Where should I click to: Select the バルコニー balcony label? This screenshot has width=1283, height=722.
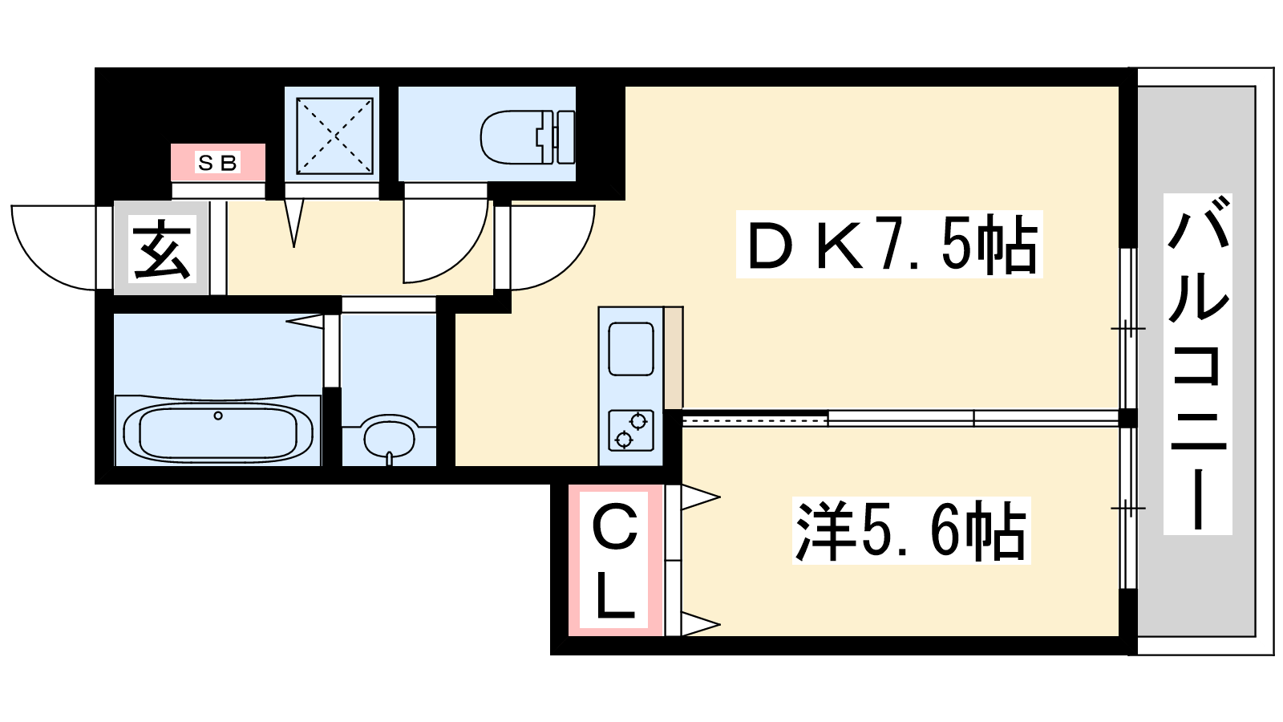click(1198, 364)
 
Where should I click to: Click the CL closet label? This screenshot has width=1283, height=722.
click(615, 562)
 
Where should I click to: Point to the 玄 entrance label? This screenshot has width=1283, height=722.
click(161, 249)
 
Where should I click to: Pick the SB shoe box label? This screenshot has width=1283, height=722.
click(217, 163)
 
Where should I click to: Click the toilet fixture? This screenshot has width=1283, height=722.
click(528, 136)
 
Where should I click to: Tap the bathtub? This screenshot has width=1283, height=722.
click(217, 431)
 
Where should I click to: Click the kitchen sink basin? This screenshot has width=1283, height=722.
click(630, 349)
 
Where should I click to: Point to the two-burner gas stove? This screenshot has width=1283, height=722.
click(630, 430)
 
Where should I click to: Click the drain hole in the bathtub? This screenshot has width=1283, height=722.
click(217, 416)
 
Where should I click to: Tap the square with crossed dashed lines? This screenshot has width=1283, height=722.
click(335, 136)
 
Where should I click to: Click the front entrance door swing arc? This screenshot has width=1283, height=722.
click(53, 248)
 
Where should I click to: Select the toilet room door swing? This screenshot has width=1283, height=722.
click(446, 241)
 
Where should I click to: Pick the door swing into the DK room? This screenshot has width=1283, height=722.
click(552, 248)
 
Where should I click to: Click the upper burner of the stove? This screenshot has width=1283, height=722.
click(638, 422)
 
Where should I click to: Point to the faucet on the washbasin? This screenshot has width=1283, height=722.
click(390, 458)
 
